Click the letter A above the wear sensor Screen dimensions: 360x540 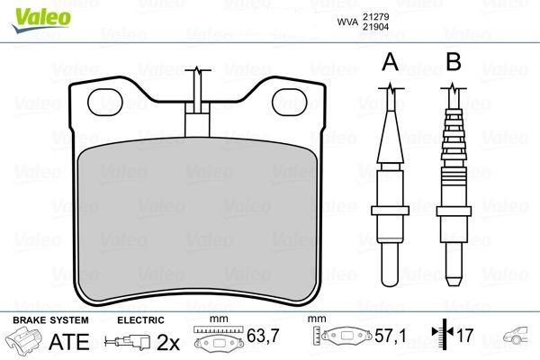[x=390, y=62]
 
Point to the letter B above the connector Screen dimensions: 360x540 [x=454, y=62]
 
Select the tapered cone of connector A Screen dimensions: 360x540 [x=390, y=135]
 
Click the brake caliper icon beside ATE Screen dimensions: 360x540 [x=25, y=342]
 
